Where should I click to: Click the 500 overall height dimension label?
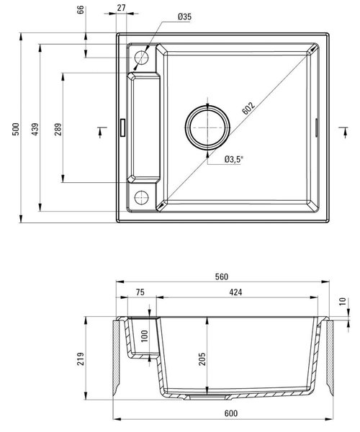click(16, 129)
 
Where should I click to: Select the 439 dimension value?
click(35, 129)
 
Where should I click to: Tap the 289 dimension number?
click(58, 129)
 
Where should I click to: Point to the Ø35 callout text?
click(184, 17)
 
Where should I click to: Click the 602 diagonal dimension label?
click(248, 108)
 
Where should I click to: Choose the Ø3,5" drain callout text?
click(234, 159)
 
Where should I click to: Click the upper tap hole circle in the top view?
click(141, 58)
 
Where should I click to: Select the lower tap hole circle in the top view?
click(141, 197)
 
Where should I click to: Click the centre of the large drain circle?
click(207, 127)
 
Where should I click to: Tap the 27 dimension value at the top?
click(121, 8)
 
